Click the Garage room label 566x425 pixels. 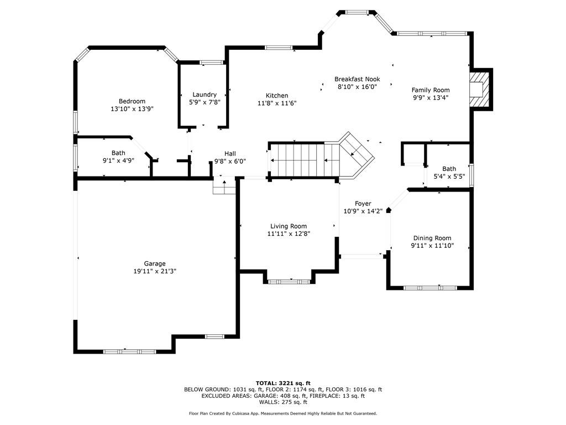coord(155,264)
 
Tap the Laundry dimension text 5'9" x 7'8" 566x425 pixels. coord(205,102)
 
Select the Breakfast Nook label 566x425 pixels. coord(357,79)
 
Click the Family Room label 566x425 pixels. coord(431,90)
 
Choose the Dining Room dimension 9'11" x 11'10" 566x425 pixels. coord(432,246)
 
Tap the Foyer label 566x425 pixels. coord(363,204)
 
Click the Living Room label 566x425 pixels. coord(289,226)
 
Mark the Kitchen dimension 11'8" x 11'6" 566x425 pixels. coord(277,103)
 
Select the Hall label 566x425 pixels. coord(230,154)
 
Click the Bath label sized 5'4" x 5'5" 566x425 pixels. coord(449,169)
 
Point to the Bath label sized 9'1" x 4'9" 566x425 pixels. coord(118,153)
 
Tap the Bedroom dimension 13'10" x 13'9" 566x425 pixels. coord(132,109)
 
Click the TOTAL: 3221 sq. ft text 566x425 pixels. coord(283,383)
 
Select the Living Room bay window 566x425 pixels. coord(289,282)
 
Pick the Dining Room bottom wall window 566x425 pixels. coord(430,288)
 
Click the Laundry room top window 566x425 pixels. coord(212,63)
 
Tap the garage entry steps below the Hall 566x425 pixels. coord(224,186)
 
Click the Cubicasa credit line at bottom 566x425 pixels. coord(283,413)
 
